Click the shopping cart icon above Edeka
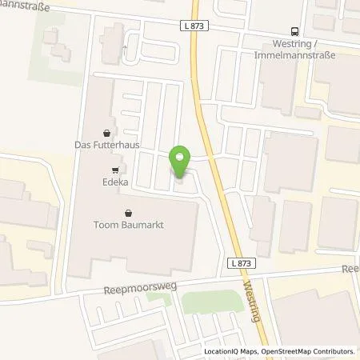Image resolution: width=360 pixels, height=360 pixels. click(116, 170)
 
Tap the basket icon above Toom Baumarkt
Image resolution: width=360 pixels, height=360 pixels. click(129, 212)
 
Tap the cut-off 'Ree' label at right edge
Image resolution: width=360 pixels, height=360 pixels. click(351, 270)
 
